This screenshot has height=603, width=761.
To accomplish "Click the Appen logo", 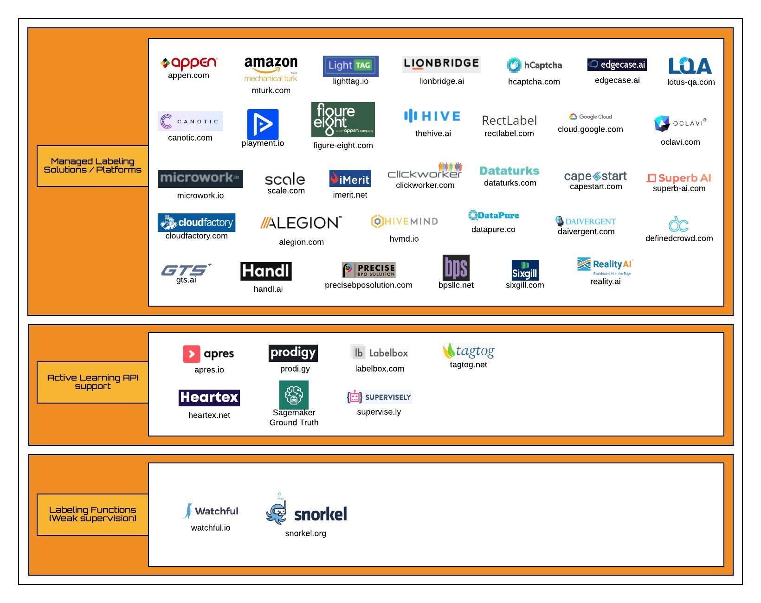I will pyautogui.click(x=188, y=63).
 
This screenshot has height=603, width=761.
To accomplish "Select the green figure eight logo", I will pyautogui.click(x=343, y=120).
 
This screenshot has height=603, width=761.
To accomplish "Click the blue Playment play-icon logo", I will pyautogui.click(x=263, y=124).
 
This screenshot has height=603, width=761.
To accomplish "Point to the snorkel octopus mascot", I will pyautogui.click(x=277, y=511).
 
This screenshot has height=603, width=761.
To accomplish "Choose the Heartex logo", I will pyautogui.click(x=209, y=398).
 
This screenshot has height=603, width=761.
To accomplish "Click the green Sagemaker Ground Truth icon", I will pyautogui.click(x=294, y=395).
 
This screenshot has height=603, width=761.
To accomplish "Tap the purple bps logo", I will pyautogui.click(x=456, y=268).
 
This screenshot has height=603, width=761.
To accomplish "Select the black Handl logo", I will pyautogui.click(x=266, y=271).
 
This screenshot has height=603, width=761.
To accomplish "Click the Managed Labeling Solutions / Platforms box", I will pyautogui.click(x=93, y=166).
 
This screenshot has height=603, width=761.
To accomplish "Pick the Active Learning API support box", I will pyautogui.click(x=93, y=382).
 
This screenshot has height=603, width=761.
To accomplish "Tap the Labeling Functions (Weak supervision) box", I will pyautogui.click(x=93, y=514).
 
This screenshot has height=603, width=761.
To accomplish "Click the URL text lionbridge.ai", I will pyautogui.click(x=441, y=82).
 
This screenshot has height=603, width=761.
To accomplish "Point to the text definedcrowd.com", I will pyautogui.click(x=679, y=238).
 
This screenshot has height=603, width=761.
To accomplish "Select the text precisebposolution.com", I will pyautogui.click(x=368, y=285).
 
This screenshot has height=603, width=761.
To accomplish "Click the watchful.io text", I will pyautogui.click(x=211, y=528).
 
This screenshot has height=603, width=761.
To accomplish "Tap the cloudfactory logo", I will pyautogui.click(x=196, y=223).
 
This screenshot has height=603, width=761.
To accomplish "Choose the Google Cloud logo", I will pyautogui.click(x=590, y=117).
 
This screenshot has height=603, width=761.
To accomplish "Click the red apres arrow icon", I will pyautogui.click(x=192, y=354).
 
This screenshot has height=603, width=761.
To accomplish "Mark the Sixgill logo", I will pyautogui.click(x=525, y=270).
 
